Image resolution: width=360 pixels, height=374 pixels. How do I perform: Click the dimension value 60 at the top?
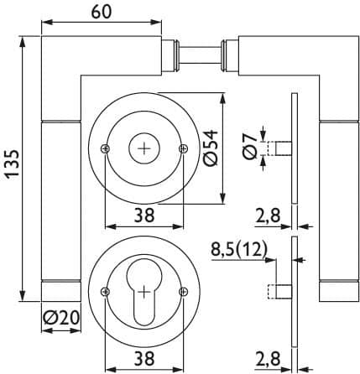(102, 12)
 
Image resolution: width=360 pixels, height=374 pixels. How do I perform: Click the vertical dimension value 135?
(13, 164)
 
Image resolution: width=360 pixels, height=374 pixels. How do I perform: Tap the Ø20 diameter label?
(61, 318)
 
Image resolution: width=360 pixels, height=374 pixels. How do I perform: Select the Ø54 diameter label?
(211, 148)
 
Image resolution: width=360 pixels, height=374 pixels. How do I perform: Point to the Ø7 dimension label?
(250, 146)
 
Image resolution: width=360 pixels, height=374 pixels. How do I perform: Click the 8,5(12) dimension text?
(239, 249)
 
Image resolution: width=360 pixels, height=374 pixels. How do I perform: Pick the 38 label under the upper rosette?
(144, 216)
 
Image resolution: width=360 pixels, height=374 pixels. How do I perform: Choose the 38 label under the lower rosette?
(144, 359)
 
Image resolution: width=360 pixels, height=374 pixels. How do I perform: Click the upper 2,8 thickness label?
(268, 216)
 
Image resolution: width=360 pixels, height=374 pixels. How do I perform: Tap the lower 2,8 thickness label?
(268, 359)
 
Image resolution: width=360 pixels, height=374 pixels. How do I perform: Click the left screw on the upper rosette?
(105, 148)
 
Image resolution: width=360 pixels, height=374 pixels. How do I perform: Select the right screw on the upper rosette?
(183, 148)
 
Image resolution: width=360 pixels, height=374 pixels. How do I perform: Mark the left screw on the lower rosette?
(105, 292)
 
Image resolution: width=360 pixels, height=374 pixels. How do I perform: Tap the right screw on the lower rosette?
(183, 292)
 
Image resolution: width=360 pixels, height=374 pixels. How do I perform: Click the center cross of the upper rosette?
(144, 148)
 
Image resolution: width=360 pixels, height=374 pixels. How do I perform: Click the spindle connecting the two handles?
(200, 55)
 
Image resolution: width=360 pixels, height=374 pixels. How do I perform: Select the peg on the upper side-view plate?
(279, 148)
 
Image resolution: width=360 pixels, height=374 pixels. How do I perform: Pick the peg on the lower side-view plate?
(279, 292)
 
